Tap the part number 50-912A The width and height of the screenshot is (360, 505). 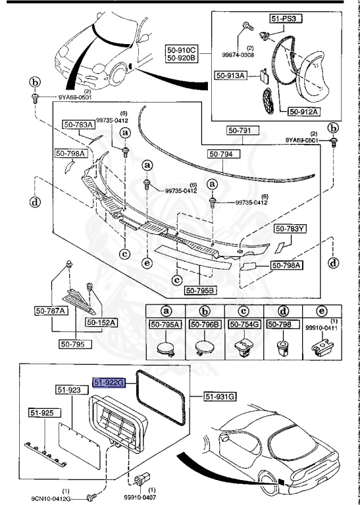click(x=303, y=111)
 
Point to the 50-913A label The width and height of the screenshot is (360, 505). click(x=230, y=75)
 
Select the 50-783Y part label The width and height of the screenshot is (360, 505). click(x=290, y=229)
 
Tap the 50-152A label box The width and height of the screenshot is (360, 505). click(x=100, y=322)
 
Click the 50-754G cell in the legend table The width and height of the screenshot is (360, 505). click(x=244, y=324)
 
